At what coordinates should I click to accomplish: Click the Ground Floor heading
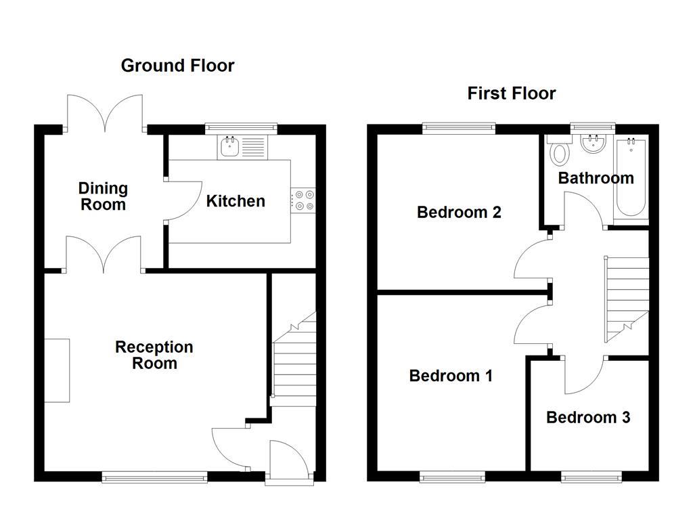(x=177, y=66)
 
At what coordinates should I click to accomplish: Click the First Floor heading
(x=511, y=93)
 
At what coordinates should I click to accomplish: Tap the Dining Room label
(x=103, y=196)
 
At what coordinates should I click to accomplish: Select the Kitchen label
(x=236, y=201)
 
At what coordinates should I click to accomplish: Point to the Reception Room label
(x=154, y=355)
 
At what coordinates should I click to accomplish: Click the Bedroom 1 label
(x=451, y=376)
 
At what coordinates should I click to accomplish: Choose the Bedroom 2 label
(x=459, y=213)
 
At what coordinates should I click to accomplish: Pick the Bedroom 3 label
(x=588, y=418)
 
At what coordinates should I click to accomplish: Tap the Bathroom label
(x=596, y=178)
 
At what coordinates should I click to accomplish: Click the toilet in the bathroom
(x=559, y=152)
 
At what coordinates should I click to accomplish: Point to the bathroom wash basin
(x=594, y=143)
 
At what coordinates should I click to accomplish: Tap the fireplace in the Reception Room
(x=58, y=371)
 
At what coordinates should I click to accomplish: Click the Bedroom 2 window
(x=459, y=127)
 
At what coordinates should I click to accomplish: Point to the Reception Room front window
(x=154, y=478)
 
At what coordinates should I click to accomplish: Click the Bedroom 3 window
(x=590, y=478)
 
